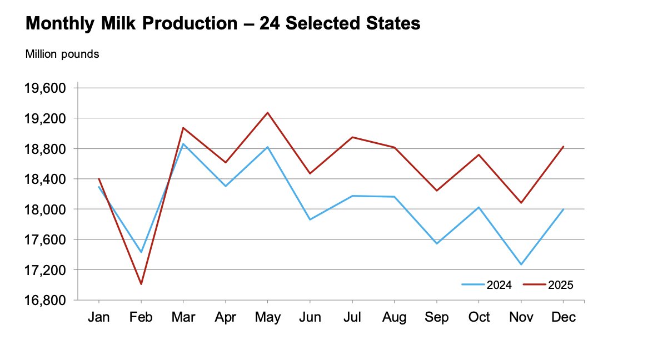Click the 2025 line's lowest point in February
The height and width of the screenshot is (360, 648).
(141, 284)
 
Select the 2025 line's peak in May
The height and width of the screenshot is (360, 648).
(268, 113)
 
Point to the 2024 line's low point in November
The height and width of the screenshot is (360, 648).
(521, 264)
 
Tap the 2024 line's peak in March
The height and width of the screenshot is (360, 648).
(183, 144)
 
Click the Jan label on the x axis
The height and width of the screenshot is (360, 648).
(99, 317)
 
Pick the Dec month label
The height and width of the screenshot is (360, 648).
(564, 317)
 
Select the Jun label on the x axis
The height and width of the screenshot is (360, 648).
(310, 317)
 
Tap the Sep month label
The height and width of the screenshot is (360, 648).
(437, 317)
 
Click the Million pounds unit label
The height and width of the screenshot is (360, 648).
(62, 54)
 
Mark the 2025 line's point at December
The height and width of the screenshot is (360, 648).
(564, 147)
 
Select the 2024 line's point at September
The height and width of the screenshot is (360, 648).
(437, 243)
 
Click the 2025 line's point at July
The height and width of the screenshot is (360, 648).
(352, 137)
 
